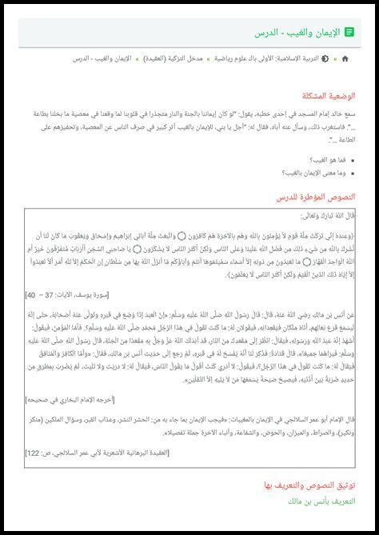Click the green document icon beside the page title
tap(349, 32)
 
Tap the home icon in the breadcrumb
tap(345, 59)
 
